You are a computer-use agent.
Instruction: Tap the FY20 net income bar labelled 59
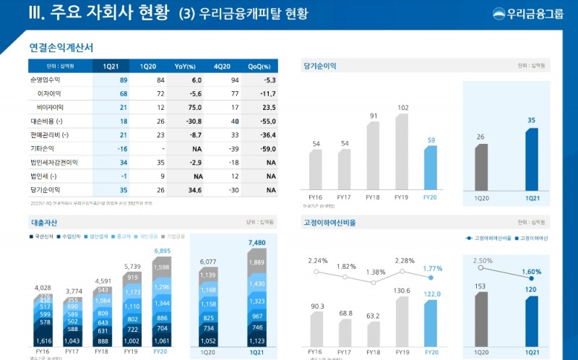(430, 167)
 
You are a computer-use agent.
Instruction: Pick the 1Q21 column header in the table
(111, 66)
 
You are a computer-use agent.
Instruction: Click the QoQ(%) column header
(259, 66)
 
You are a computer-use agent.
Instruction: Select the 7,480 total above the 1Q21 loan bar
(257, 242)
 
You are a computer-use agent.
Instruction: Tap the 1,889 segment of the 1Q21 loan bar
(257, 262)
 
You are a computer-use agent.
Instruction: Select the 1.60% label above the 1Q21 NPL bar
(530, 272)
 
